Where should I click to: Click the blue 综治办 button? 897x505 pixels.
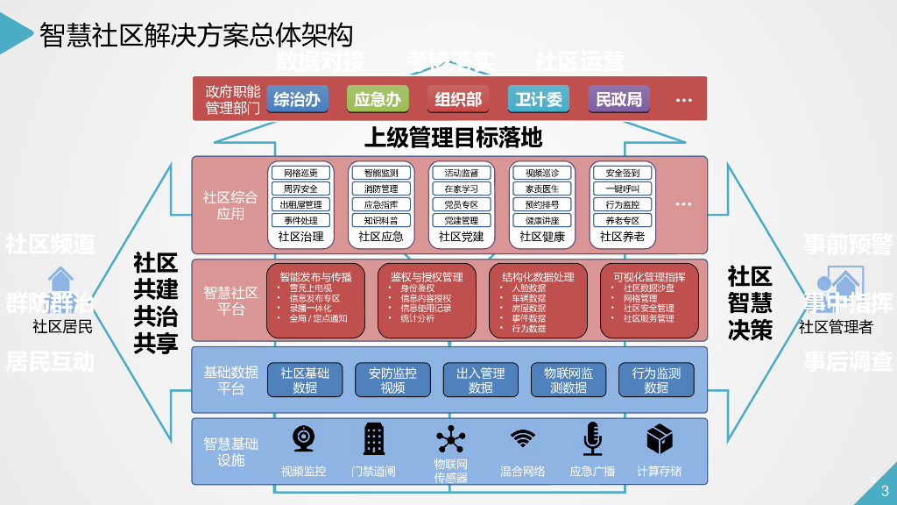pos(297,99)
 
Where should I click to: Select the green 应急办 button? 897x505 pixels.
pos(378,99)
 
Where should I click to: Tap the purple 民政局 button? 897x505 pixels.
pos(619,99)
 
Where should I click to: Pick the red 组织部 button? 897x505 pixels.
pos(458,99)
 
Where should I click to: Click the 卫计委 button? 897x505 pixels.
pos(539,99)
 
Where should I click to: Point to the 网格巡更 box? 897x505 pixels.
pos(300,173)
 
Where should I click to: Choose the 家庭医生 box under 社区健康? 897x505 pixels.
pos(542,188)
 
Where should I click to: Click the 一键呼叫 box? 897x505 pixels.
pos(623,188)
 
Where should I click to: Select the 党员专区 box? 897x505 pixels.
pos(462,204)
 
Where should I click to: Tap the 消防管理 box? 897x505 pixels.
pos(381,188)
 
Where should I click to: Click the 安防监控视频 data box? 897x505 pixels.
pos(392,380)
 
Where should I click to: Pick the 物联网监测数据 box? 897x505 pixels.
pos(568,380)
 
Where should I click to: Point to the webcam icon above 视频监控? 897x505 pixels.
pos(304,438)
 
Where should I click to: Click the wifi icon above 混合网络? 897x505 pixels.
pos(523,438)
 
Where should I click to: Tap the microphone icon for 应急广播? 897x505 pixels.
pos(592,438)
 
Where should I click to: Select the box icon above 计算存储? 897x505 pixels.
pos(659,438)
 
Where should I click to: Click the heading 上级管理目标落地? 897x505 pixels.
pos(453,138)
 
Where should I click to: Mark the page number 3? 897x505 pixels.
pos(885,491)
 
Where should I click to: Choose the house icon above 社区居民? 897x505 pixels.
pos(60,280)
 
